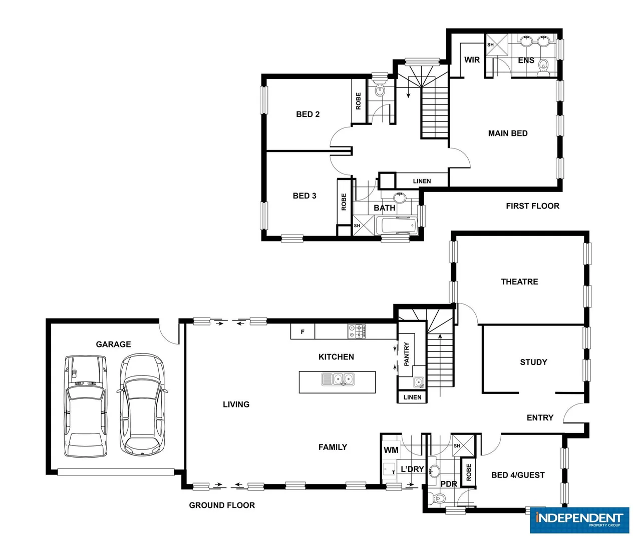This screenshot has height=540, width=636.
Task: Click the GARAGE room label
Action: click(113, 344)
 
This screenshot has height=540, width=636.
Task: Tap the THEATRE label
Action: click(519, 281)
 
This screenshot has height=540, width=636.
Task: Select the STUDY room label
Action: click(533, 362)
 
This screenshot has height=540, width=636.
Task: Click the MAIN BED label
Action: click(508, 133)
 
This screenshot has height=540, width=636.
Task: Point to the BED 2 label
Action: click(307, 114)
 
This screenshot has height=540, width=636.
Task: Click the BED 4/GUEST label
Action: click(518, 475)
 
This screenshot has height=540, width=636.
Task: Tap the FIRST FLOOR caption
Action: click(532, 206)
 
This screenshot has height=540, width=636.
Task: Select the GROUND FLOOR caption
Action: click(222, 505)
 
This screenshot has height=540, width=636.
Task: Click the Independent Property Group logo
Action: click(579, 520)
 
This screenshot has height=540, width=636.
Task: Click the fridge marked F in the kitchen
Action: click(302, 331)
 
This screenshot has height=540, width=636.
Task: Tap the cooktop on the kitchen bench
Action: click(357, 331)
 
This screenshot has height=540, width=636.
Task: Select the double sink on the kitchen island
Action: click(338, 379)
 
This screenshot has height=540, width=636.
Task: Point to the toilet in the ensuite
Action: click(544, 67)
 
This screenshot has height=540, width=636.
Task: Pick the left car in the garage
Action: click(86, 405)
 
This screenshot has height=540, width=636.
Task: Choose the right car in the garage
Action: click(142, 404)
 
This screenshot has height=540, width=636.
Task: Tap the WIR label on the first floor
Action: click(472, 60)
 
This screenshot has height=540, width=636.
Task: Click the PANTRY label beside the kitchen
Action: click(407, 353)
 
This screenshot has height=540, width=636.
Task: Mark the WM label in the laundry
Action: click(391, 450)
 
